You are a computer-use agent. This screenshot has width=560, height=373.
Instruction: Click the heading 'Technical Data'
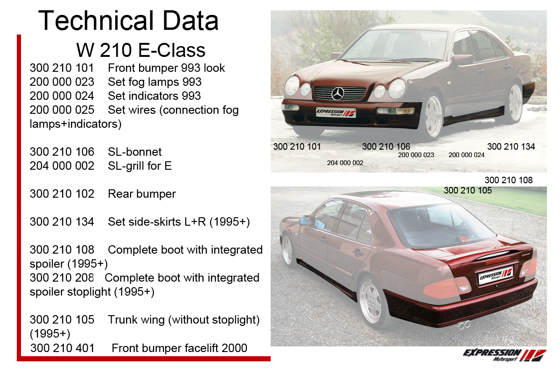point(128,21)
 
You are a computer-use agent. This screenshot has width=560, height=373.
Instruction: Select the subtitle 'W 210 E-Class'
point(141,50)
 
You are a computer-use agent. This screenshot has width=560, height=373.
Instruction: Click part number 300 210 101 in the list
point(62,68)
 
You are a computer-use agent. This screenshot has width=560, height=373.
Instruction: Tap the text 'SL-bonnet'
point(135,152)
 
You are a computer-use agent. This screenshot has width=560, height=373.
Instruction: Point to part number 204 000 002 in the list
point(62,166)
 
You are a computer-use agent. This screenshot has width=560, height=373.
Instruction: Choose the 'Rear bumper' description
point(142,194)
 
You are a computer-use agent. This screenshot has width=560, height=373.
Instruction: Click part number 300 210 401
point(62,348)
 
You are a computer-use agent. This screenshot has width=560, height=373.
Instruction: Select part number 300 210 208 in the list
point(62,278)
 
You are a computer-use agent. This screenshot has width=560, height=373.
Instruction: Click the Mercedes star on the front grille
point(338,94)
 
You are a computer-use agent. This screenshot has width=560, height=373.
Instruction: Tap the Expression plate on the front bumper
point(336,112)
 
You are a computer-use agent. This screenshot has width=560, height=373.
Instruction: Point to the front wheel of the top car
point(433,116)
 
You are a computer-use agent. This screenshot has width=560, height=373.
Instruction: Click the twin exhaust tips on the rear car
point(464,325)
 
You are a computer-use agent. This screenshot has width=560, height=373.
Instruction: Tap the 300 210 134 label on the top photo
point(511,147)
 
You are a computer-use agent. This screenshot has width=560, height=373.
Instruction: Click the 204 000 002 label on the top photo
point(345,163)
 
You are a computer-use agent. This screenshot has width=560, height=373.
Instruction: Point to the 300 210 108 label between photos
point(509,180)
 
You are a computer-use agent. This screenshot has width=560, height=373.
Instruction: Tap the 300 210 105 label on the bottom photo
point(468,190)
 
